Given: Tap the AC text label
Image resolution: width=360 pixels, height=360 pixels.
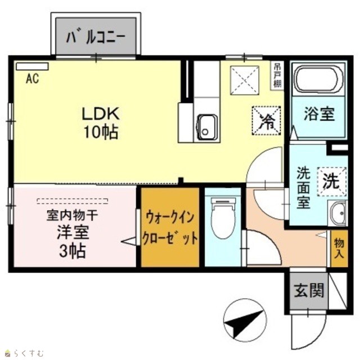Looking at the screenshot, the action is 33,79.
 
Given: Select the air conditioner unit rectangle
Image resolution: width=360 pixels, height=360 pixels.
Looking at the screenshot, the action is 32,66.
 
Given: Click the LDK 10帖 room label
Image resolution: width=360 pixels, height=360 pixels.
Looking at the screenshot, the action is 101,123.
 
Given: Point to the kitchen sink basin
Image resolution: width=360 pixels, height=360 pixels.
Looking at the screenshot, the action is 207,127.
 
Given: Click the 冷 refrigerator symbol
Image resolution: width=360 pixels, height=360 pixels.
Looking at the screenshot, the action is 266,120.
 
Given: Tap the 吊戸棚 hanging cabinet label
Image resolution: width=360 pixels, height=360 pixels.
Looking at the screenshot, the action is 277,75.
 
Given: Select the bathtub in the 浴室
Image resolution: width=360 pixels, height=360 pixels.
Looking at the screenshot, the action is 318,79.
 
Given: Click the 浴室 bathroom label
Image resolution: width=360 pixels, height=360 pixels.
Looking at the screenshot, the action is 319,114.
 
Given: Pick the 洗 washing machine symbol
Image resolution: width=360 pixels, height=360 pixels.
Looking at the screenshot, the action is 332,182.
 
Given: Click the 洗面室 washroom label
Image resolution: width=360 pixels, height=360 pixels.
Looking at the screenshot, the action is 303,187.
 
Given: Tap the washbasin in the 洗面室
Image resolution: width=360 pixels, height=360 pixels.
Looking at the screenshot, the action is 337,213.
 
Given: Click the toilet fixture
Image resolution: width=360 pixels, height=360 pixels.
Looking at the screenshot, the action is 223,218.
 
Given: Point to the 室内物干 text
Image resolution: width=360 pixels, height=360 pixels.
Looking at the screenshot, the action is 73,215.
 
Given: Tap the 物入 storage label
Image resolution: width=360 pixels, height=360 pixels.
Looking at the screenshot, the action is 339,248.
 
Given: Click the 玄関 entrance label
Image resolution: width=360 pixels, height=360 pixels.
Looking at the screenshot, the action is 309,290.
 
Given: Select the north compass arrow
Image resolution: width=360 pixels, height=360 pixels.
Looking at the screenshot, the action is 244,321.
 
